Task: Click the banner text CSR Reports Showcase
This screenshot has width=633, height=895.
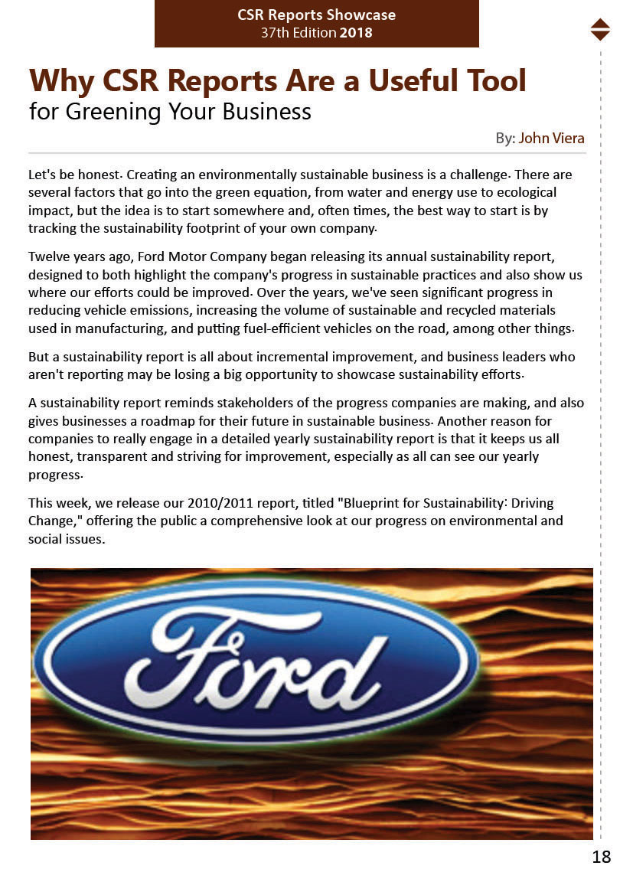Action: (x=316, y=15)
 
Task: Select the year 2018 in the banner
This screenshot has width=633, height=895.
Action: (x=356, y=33)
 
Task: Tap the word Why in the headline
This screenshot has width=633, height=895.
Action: (x=60, y=80)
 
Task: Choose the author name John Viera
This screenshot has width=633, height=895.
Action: (x=551, y=139)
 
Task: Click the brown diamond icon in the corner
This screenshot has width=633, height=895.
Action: (x=600, y=29)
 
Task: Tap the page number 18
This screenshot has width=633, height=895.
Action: (x=601, y=857)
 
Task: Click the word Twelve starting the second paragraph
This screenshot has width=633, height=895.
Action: (x=48, y=256)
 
